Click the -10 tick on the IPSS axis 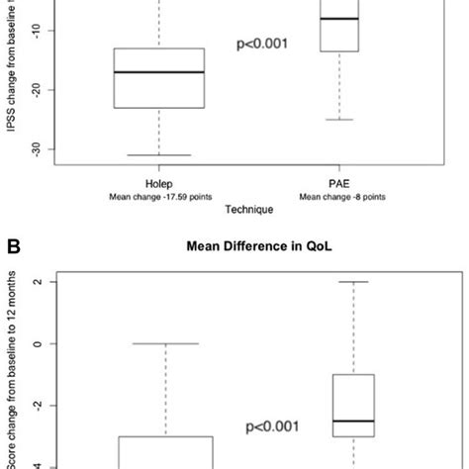pos(38,32)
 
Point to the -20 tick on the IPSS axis pos(38,90)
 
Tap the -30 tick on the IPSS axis pos(38,148)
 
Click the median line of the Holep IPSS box pos(159,72)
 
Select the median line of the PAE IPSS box pos(339,19)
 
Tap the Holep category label pos(159,184)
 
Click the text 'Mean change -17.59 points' pos(159,197)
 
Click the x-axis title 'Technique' pos(248,210)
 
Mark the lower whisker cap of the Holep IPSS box pos(159,155)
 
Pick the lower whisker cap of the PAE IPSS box pos(339,120)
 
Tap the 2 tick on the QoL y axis pos(38,282)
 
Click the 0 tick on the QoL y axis pos(38,343)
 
